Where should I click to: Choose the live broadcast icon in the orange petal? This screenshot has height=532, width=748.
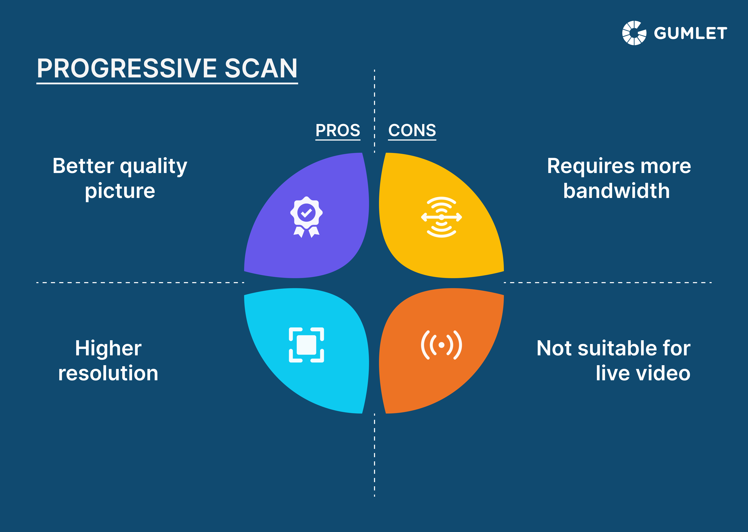pos(441,345)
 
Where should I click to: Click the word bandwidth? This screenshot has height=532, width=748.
pos(616,191)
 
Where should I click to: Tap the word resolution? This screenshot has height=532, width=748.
pos(108,373)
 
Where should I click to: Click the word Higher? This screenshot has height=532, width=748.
pos(108,348)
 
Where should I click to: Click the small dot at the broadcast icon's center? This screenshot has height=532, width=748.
pos(441,345)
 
